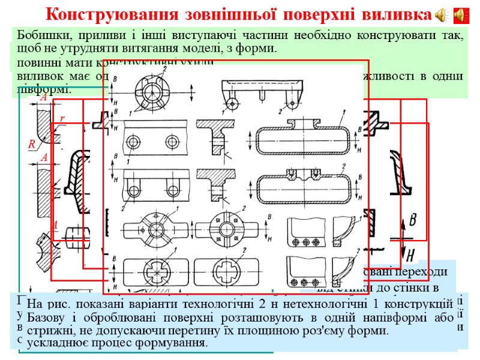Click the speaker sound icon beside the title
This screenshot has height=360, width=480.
[442, 14]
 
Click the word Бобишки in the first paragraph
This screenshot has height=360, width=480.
[38, 35]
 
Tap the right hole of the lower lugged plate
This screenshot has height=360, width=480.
[174, 191]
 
